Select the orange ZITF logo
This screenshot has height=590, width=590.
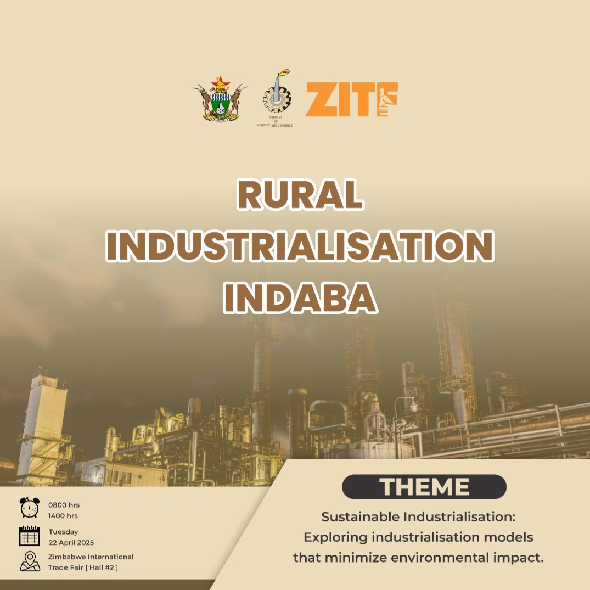click(351, 100)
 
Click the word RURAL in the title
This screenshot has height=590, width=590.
click(300, 195)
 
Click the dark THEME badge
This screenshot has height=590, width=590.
click(424, 487)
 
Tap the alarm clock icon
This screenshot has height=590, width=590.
click(30, 508)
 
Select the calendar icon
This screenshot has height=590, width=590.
click(30, 536)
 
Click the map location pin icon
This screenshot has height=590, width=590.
click(30, 561)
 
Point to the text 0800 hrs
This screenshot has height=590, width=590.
click(64, 505)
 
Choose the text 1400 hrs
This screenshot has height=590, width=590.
click(63, 516)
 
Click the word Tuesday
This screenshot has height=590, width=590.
click(64, 532)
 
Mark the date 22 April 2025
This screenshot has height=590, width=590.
click(71, 543)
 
